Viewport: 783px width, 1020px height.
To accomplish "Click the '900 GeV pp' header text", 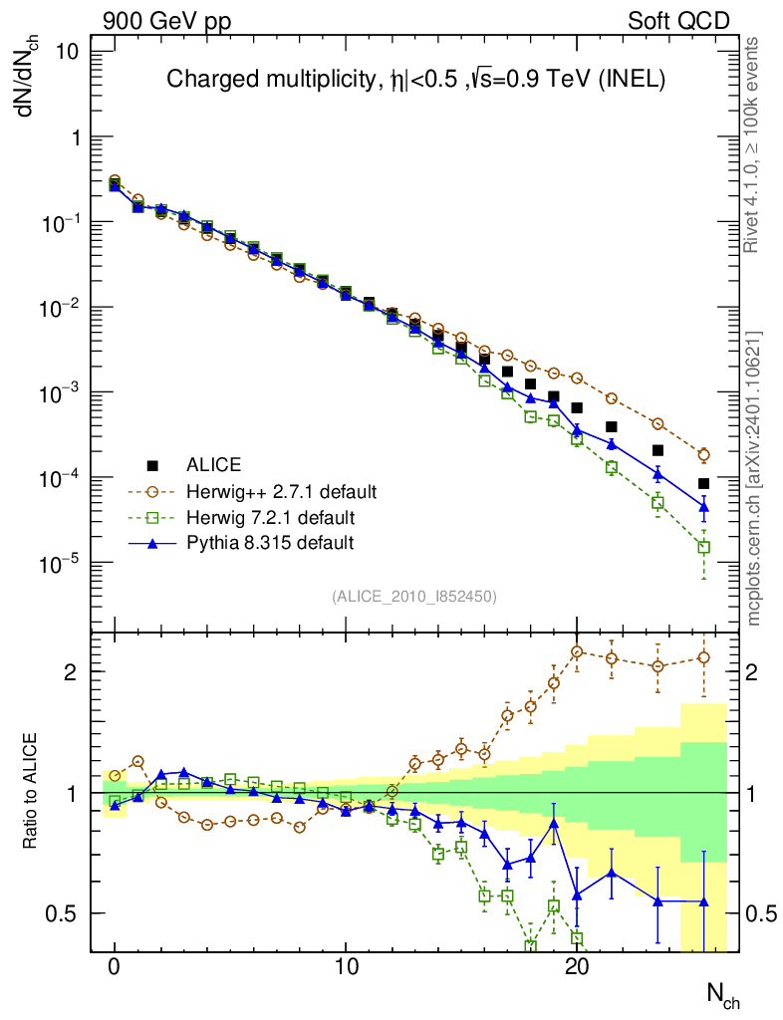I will coord(159,21).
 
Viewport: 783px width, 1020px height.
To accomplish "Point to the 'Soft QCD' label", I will coord(678,21).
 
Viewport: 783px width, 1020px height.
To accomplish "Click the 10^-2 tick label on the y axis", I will coord(67,308).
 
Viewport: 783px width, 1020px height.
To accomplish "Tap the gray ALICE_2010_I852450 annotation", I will coord(413,597).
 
